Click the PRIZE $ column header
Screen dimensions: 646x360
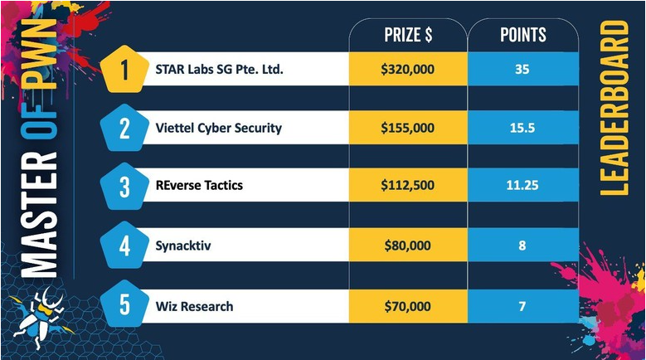pos(408,35)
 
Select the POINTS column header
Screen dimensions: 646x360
pos(522,35)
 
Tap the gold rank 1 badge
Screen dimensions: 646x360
pos(124,69)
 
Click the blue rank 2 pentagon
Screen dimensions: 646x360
pos(124,128)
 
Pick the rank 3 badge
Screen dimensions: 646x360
pos(124,186)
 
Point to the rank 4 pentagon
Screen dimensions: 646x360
pos(124,246)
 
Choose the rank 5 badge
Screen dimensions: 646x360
pos(124,304)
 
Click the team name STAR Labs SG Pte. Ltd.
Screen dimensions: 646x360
pos(219,69)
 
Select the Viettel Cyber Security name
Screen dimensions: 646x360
pos(218,128)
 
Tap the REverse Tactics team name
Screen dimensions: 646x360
pos(199,185)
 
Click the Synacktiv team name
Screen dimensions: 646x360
pos(183,246)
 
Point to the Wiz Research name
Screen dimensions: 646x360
pos(194,306)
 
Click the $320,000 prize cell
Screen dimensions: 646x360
pos(408,69)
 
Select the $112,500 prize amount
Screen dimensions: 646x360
pos(407,185)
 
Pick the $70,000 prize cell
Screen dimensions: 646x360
pos(408,306)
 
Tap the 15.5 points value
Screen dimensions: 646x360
pos(522,128)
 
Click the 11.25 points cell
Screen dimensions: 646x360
pos(522,185)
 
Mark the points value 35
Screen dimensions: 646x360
pos(522,69)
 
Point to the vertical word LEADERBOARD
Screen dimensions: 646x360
pos(614,108)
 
